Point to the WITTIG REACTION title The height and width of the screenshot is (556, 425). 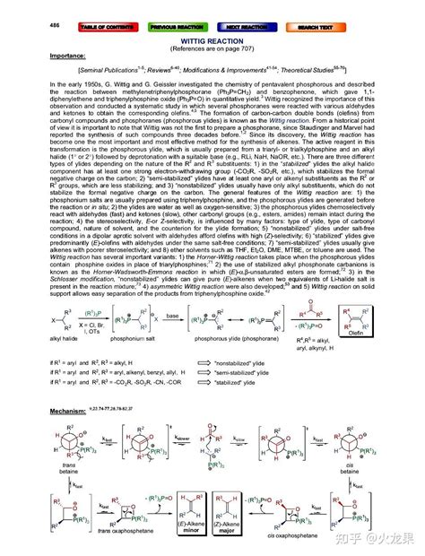tap(212, 39)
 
